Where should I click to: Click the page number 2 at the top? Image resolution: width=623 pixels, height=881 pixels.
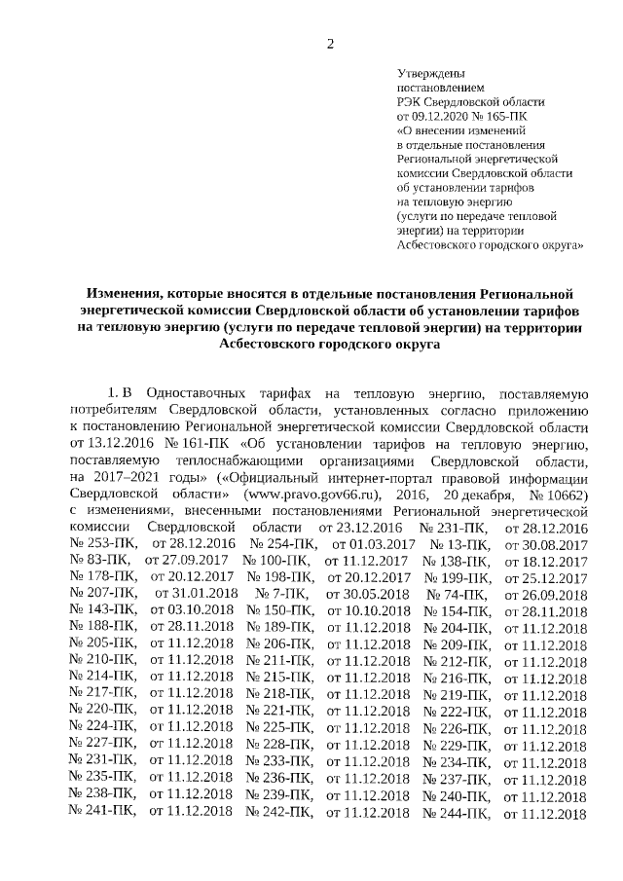330,43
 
